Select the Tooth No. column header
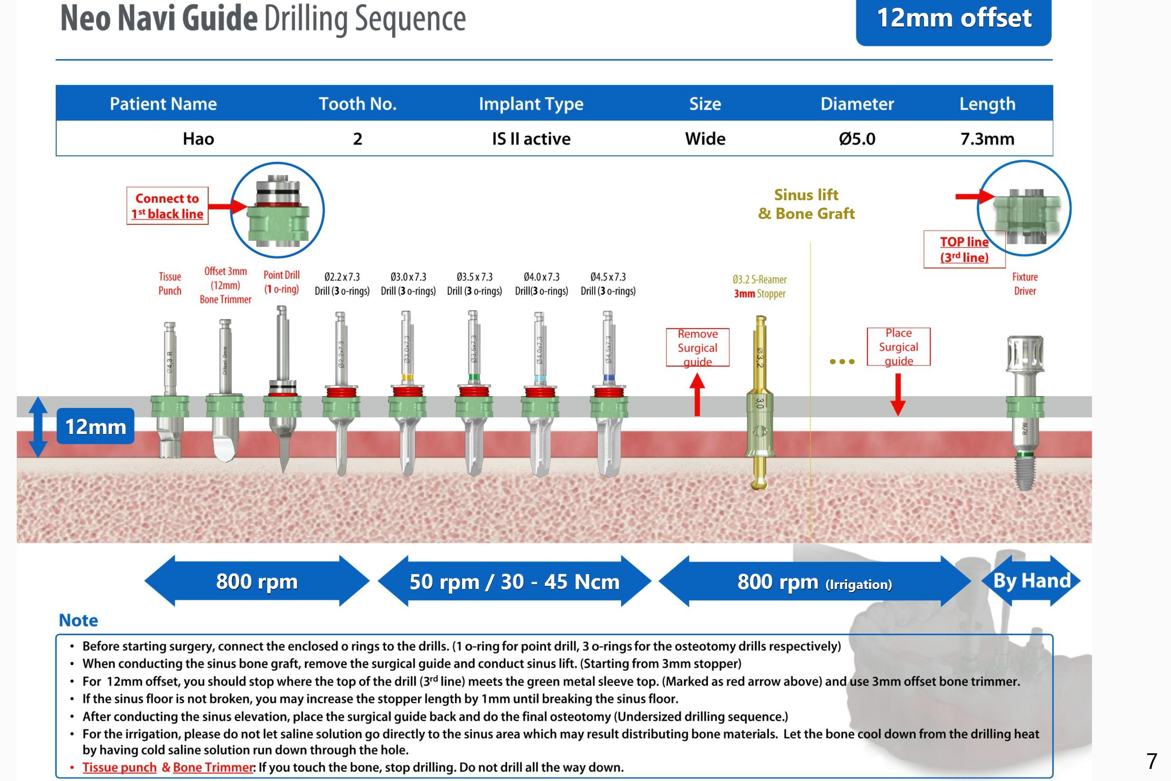(x=357, y=103)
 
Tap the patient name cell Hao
(x=198, y=139)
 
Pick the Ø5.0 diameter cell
(x=857, y=139)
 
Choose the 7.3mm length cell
(x=987, y=139)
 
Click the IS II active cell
(x=531, y=139)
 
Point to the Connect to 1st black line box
(x=167, y=206)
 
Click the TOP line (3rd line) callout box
(x=964, y=249)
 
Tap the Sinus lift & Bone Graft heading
(x=806, y=204)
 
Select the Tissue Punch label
(x=170, y=283)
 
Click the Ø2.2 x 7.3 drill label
(x=342, y=283)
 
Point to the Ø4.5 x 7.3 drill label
(x=608, y=283)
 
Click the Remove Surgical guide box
(x=698, y=347)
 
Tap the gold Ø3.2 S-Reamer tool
(x=760, y=404)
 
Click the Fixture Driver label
(x=1025, y=283)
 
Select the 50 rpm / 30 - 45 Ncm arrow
(x=514, y=581)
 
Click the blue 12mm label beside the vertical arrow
(x=96, y=426)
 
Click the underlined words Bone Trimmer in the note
(x=213, y=767)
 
